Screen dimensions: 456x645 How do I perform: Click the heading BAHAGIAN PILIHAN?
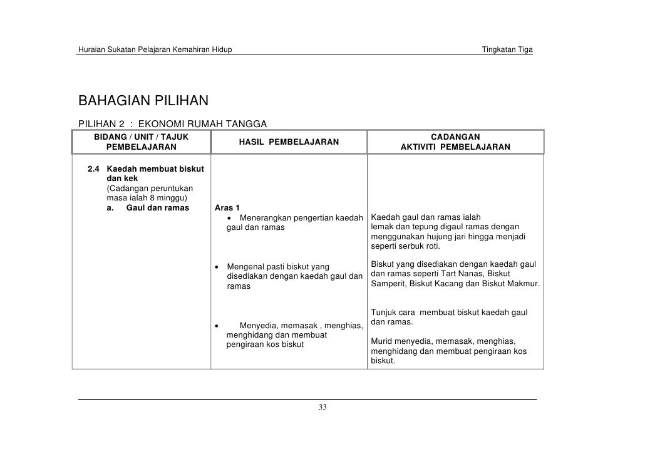(x=143, y=101)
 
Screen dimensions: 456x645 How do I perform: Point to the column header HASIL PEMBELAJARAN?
(x=289, y=142)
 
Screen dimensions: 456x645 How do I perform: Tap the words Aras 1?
(x=227, y=208)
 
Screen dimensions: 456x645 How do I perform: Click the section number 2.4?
(x=93, y=168)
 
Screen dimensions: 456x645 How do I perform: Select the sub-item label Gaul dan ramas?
(x=157, y=208)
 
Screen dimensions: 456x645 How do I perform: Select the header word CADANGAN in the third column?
(x=456, y=137)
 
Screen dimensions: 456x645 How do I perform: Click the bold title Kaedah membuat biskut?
(x=151, y=168)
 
